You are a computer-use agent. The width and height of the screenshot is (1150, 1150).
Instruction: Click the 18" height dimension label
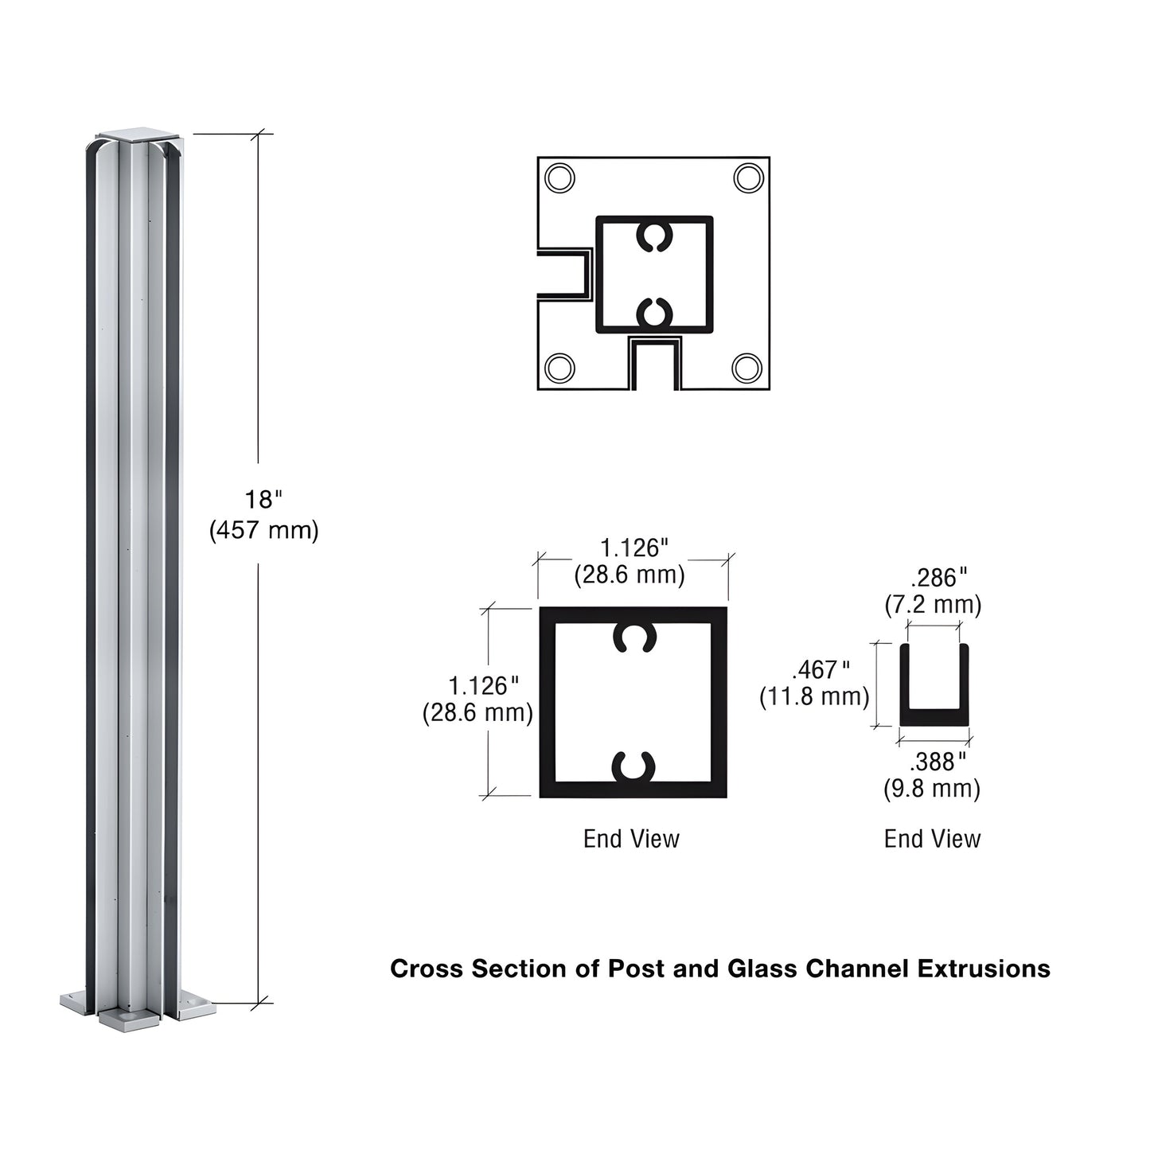pos(263,500)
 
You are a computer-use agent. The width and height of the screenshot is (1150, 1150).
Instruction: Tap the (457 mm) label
pos(263,529)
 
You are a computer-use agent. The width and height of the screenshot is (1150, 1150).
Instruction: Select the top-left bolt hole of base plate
pos(560,177)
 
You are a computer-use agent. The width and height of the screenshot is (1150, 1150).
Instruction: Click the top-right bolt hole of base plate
pos(748,177)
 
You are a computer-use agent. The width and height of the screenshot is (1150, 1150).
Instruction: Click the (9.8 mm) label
pos(932,789)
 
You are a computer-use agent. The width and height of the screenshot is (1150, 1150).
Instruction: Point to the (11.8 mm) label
pos(814,696)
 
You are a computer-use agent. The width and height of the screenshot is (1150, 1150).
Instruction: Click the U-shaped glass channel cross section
pos(934,715)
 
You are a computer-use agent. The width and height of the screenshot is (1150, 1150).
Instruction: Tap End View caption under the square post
pos(631,838)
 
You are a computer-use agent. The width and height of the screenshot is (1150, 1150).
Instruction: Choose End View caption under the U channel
pos(932,838)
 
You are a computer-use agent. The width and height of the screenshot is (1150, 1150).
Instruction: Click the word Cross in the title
pos(427,969)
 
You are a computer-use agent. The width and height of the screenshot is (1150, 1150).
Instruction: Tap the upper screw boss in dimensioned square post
pos(633,637)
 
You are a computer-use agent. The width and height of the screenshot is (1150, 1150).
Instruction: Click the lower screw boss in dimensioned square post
pos(633,767)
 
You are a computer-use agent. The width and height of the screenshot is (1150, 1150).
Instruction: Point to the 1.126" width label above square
pos(633,548)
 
